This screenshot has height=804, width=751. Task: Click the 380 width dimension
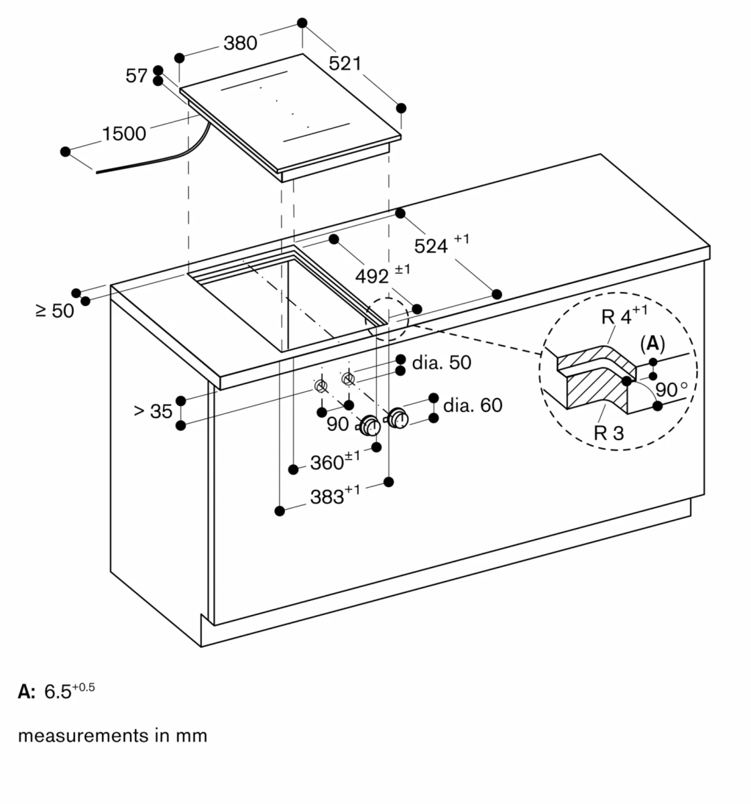tap(240, 43)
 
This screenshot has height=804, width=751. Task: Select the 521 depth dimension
tap(345, 64)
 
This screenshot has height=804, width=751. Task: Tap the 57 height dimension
tap(136, 76)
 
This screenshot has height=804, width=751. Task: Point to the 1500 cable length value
tap(124, 133)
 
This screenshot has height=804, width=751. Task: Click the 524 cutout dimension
tap(441, 244)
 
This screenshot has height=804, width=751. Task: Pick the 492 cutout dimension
tap(383, 275)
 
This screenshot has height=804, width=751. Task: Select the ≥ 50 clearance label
tap(55, 311)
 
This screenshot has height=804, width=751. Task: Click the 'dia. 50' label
tap(441, 362)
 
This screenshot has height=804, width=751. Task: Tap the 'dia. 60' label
tap(473, 405)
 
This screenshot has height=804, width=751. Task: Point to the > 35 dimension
tap(153, 411)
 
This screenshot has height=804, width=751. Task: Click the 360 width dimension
tap(335, 461)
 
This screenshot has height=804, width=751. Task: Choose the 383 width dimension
tap(335, 495)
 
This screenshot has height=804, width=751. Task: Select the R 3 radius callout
tap(609, 433)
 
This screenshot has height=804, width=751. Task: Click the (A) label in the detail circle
tap(652, 344)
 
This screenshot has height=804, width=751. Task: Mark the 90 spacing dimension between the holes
tap(337, 424)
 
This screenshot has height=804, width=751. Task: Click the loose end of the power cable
tap(97, 172)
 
